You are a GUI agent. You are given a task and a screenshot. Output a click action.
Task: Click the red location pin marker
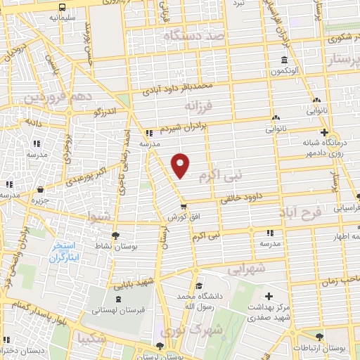[x=181, y=165]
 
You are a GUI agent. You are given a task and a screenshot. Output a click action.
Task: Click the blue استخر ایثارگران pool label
[x=67, y=252]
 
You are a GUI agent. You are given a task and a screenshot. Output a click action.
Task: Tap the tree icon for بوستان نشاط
[x=115, y=236]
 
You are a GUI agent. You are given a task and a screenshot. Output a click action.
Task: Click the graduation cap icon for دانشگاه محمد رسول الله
[x=200, y=285]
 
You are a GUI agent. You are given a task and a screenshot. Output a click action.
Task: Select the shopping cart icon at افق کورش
[x=183, y=206]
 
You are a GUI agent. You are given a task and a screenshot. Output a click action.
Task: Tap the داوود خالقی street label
[x=241, y=198]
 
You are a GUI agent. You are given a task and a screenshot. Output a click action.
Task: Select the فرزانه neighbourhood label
[x=197, y=105]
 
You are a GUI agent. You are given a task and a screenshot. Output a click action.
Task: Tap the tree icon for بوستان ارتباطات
[x=320, y=337]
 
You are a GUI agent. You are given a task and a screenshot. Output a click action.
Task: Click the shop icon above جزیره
[x=40, y=189]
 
